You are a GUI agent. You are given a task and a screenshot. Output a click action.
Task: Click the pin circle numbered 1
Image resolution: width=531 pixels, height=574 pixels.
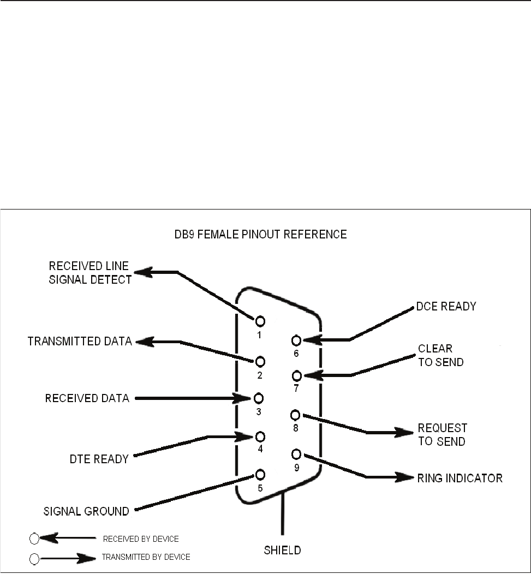point(260,321)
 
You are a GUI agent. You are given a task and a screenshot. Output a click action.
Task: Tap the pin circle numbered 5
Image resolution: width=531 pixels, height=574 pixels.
point(260,474)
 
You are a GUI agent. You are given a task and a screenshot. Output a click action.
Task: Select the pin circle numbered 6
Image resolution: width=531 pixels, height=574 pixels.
point(296,340)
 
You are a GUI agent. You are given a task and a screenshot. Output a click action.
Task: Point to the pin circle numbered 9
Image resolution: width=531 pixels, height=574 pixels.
point(296,454)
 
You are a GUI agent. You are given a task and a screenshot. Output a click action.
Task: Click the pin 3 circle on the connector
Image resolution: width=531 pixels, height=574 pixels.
point(260,398)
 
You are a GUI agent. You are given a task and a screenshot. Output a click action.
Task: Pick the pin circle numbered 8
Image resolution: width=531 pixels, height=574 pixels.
point(296,415)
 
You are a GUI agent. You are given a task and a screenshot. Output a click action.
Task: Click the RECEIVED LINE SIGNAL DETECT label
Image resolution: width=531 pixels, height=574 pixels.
point(91,273)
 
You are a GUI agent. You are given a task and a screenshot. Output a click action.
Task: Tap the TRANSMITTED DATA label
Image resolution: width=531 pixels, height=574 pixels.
point(80,342)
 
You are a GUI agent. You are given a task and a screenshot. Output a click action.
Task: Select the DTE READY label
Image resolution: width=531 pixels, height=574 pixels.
point(103,459)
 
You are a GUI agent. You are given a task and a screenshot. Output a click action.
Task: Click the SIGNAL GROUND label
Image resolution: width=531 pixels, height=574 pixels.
point(86,512)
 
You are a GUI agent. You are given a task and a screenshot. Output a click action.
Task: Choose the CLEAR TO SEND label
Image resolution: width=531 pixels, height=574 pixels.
point(440,355)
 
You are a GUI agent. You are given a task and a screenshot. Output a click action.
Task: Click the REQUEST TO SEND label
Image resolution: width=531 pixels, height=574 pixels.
point(442,434)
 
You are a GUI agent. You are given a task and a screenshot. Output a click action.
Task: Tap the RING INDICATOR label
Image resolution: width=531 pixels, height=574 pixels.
point(460,479)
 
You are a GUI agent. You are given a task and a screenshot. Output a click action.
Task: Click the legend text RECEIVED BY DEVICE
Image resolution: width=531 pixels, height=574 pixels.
point(141,539)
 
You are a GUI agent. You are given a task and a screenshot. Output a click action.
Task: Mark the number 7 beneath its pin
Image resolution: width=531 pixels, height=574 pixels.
point(296,389)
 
